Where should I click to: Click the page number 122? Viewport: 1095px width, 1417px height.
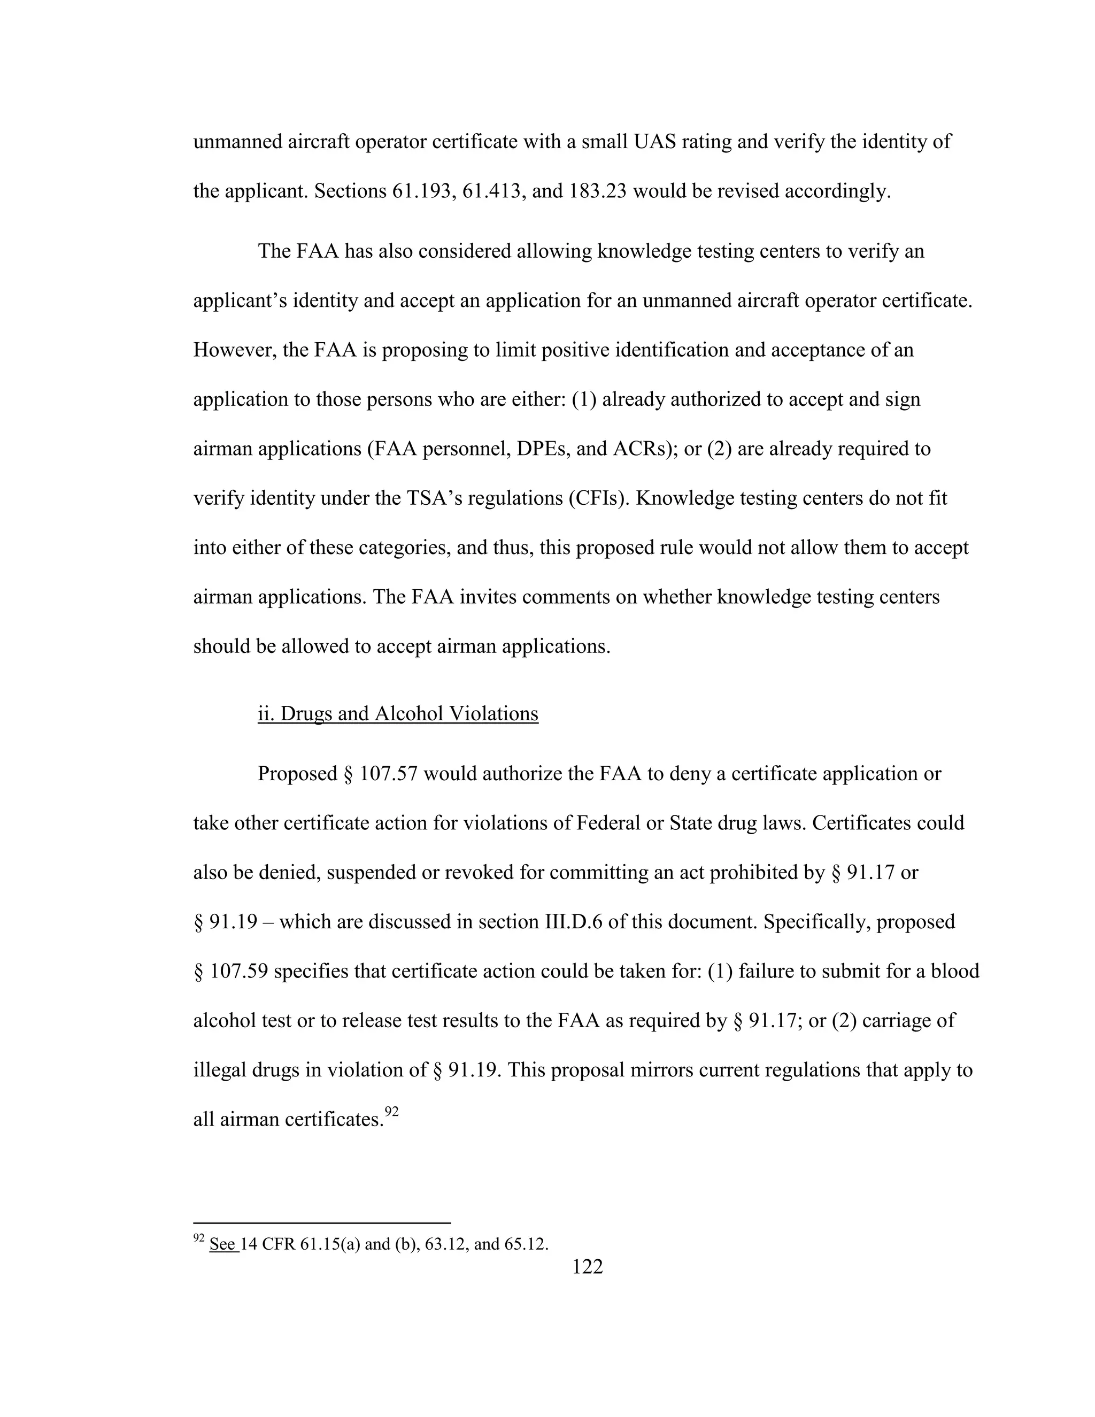587,1266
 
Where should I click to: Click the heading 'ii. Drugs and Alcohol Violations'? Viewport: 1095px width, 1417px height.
398,714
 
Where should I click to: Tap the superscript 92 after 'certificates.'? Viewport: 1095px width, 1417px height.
391,1112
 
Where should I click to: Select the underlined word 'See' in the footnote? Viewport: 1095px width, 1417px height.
222,1244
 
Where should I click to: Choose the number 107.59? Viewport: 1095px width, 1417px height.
240,971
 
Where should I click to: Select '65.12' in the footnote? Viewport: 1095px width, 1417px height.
526,1244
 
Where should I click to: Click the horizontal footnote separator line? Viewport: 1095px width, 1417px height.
322,1222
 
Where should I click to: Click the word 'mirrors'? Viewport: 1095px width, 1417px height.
660,1070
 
